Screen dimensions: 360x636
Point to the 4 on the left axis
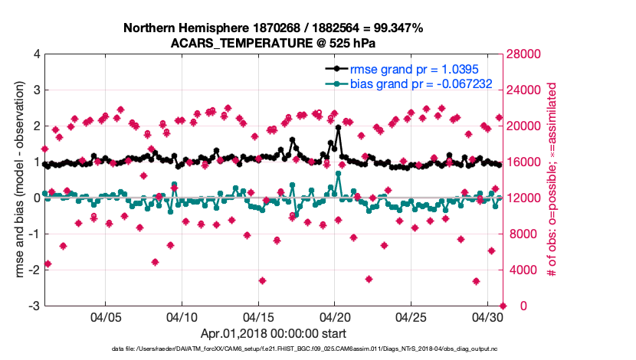tap(36, 54)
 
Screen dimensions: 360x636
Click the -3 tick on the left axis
tap(34, 306)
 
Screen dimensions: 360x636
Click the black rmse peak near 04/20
tap(338, 128)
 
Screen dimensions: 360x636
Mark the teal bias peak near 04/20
tap(338, 174)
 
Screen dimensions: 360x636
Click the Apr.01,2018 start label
tap(273, 333)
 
